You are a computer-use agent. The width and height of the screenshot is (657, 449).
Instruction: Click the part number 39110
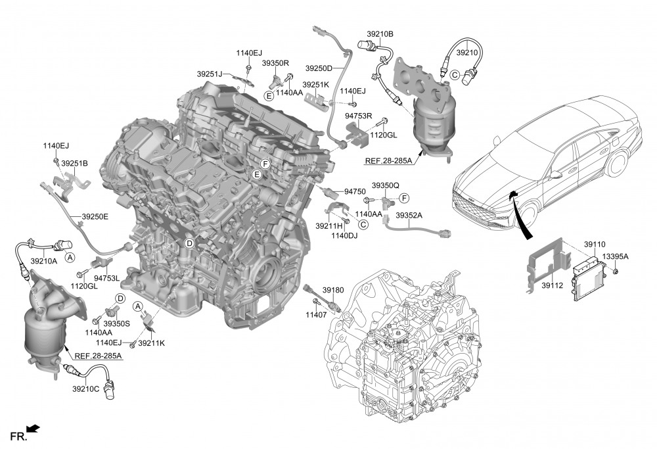click(x=595, y=245)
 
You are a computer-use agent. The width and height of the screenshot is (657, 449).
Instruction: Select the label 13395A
click(x=615, y=256)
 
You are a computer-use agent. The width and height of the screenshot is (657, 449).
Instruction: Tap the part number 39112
click(x=553, y=285)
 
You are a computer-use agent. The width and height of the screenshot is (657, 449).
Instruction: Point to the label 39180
click(x=333, y=290)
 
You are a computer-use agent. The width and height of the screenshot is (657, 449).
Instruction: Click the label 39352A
click(x=409, y=216)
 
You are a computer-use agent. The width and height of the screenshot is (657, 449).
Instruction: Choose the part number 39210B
click(x=380, y=34)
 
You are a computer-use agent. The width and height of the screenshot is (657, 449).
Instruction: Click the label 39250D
click(x=319, y=68)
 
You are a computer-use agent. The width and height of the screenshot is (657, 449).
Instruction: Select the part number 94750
click(x=355, y=191)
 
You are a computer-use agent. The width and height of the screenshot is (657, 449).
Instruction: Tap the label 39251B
click(x=75, y=163)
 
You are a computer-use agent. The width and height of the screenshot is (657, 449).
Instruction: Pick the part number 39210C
click(x=86, y=389)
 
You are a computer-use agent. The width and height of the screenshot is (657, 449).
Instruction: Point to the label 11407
click(x=316, y=314)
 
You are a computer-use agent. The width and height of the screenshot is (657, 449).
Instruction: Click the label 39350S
click(x=116, y=323)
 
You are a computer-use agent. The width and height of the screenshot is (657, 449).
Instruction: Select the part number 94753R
click(x=359, y=115)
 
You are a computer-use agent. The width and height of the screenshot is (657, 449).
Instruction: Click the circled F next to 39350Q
click(x=404, y=198)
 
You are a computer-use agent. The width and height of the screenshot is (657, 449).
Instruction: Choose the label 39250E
click(x=95, y=217)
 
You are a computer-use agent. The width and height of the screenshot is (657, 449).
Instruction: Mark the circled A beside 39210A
click(x=70, y=258)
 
